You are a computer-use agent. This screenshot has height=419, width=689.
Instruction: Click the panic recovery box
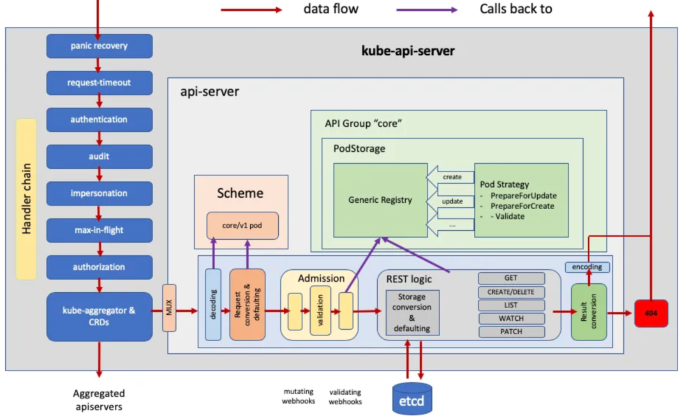tap(99, 46)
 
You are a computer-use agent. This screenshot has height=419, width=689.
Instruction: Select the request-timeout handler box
tap(99, 83)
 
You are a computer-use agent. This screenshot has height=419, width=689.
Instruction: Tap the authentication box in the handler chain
tap(99, 120)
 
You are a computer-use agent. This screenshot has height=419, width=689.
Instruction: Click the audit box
tap(99, 156)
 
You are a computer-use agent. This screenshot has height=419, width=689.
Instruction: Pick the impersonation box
tap(99, 193)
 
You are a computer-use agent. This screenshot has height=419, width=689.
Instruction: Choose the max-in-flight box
tap(99, 230)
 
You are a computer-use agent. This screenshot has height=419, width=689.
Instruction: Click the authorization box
tap(99, 267)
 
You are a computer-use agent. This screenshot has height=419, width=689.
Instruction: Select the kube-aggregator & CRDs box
tap(99, 316)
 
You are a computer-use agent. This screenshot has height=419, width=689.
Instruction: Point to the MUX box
tap(169, 308)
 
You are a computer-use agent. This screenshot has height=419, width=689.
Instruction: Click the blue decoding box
tap(213, 304)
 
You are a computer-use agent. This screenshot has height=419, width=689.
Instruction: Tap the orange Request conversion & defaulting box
tap(247, 304)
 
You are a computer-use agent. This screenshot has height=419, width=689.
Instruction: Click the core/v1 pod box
tap(242, 226)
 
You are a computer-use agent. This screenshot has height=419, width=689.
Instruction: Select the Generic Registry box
tap(380, 200)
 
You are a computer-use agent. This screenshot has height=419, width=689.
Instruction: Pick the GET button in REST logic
tap(511, 278)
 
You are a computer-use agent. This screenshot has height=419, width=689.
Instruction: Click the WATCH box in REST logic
tap(511, 318)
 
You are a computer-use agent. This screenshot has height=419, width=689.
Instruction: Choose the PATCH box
tap(511, 332)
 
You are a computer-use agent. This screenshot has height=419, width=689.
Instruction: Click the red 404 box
tap(651, 313)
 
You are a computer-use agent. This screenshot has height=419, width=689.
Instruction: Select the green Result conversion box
tap(588, 312)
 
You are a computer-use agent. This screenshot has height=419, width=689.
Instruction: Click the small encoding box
tap(587, 267)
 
